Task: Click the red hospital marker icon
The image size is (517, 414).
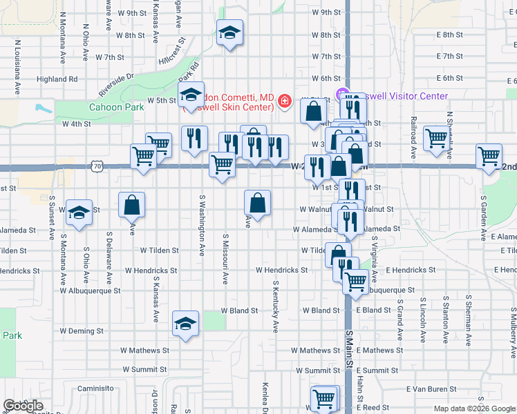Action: coord(283,103)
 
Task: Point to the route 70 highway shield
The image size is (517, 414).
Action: coord(97,166)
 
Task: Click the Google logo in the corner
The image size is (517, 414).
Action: coord(22,406)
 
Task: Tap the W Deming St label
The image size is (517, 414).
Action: coord(81,331)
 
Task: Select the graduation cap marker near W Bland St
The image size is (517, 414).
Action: coord(185,324)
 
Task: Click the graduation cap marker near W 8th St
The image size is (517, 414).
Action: coord(229,32)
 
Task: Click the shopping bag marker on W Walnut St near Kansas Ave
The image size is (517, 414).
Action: coord(131,205)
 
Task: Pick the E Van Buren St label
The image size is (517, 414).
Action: coord(432,390)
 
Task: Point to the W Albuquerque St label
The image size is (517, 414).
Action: coord(90,291)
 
